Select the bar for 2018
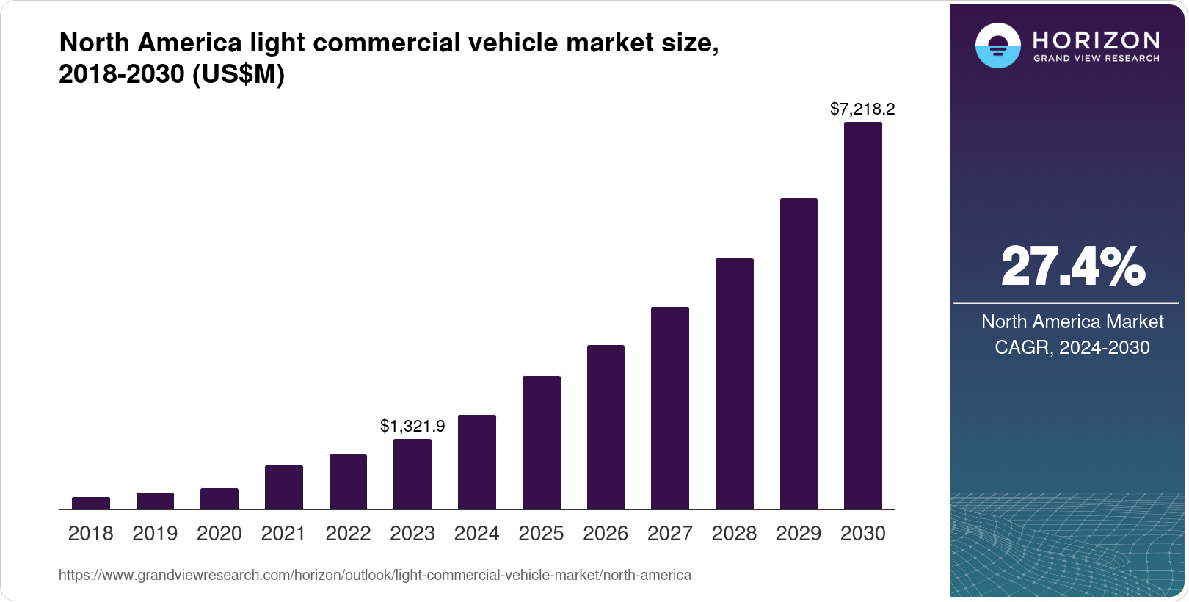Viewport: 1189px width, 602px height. coord(91,503)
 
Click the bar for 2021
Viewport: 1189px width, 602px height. coord(284,487)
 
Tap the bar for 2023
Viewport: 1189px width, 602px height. coord(412,474)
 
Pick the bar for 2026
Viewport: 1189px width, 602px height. coord(606,427)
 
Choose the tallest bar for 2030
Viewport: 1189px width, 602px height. coord(863,316)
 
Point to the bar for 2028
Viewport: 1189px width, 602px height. coord(734,384)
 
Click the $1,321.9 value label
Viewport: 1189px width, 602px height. coord(412,426)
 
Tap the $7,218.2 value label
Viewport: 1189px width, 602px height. coord(862,109)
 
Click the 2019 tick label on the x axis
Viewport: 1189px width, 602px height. coord(155,534)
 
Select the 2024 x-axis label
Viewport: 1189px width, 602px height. coord(476,534)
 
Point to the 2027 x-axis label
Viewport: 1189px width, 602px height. coord(669,534)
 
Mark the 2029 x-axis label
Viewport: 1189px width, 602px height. coord(799,534)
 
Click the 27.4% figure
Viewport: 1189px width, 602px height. coord(1072,266)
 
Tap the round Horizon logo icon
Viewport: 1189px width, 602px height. coord(997,46)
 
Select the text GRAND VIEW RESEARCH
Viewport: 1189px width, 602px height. coord(1097,58)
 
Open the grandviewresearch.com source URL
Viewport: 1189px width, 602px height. coord(375,575)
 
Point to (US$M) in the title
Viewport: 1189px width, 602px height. coord(238,74)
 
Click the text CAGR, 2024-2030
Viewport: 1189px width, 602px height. coord(1072,347)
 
